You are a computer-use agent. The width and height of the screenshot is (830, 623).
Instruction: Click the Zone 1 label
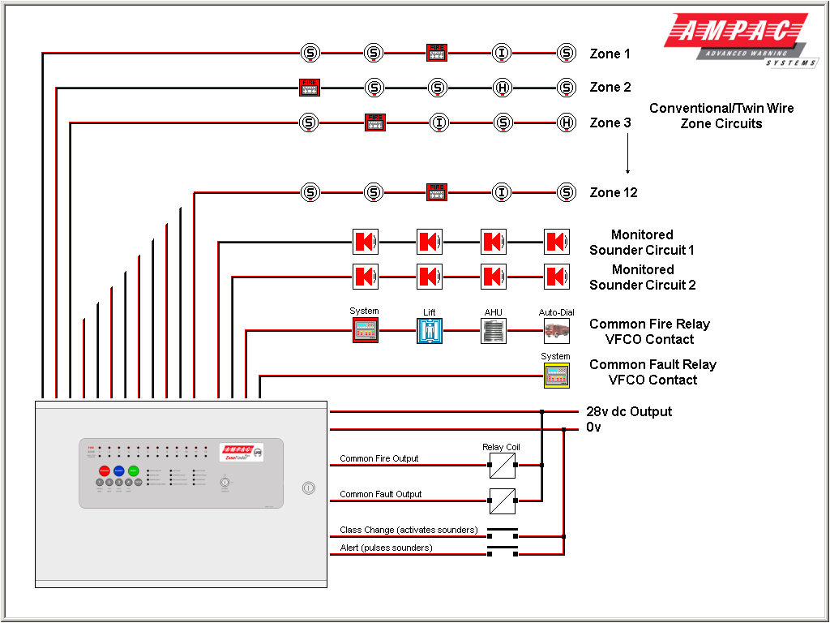610,54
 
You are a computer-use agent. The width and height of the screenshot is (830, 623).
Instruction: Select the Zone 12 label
613,193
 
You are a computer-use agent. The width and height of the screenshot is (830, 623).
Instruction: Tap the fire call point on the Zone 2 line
310,88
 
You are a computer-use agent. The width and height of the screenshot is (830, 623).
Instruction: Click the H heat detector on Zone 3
567,122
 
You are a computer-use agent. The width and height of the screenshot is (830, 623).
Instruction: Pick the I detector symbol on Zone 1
502,54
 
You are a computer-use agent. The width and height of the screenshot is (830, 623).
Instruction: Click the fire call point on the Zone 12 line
437,192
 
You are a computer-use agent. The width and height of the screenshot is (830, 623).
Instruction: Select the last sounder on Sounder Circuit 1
556,242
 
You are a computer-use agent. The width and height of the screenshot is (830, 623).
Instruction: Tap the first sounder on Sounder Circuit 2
365,277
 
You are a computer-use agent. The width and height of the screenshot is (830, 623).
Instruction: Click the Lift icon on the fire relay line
430,330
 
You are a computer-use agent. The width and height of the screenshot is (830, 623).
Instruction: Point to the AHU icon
493,330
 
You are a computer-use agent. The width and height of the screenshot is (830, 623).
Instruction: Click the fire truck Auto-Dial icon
556,330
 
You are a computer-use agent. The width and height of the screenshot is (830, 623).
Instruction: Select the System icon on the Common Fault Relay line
556,376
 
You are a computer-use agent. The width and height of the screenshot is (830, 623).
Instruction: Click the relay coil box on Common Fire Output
502,466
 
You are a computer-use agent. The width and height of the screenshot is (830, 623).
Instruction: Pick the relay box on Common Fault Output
502,501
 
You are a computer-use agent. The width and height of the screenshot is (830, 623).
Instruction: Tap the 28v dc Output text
629,411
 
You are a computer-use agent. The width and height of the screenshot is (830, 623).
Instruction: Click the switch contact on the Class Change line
502,532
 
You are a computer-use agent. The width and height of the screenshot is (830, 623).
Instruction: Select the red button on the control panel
104,470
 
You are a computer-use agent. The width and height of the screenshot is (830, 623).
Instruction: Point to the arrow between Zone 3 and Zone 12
627,154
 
